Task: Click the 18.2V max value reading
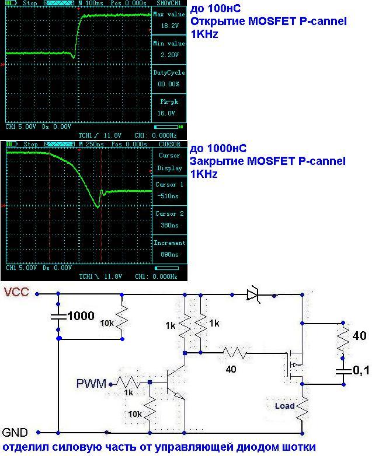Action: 169,26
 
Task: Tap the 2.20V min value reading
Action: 169,55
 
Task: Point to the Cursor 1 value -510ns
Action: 169,196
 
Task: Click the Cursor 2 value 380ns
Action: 169,225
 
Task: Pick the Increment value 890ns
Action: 169,254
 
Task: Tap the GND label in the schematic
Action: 14,433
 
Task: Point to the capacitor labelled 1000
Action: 58,317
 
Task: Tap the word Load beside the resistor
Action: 284,405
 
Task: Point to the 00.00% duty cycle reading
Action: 169,85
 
